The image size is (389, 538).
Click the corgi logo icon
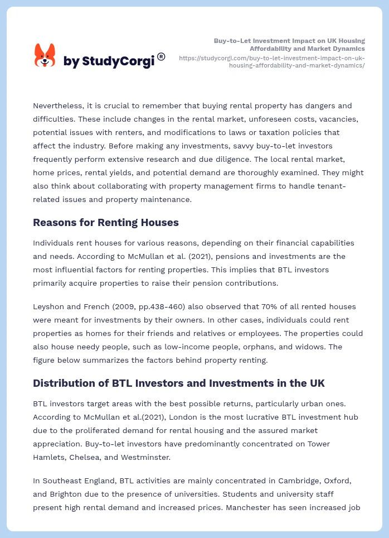(45, 55)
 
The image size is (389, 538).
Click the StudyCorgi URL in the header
(272, 61)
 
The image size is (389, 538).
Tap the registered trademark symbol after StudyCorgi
(161, 56)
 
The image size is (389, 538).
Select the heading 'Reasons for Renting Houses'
(106, 223)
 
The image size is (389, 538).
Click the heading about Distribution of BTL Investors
(179, 383)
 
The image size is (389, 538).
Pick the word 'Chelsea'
(84, 457)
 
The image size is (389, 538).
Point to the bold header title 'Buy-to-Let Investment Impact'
(289, 41)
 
